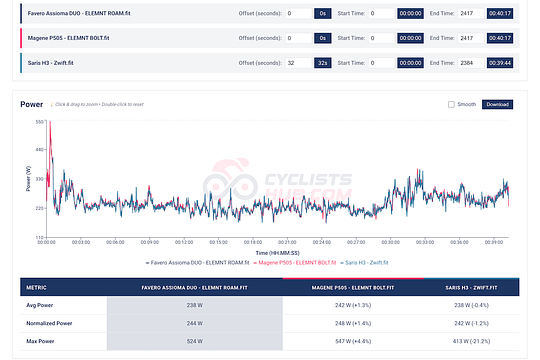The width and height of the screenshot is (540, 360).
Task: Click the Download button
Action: [x=498, y=104]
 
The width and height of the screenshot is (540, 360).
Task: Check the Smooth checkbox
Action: [x=452, y=104]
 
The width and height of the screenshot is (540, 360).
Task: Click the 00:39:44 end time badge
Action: [x=500, y=62]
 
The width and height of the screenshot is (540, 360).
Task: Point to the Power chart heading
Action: [x=32, y=103]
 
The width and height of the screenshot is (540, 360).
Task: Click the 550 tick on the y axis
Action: [x=41, y=122]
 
